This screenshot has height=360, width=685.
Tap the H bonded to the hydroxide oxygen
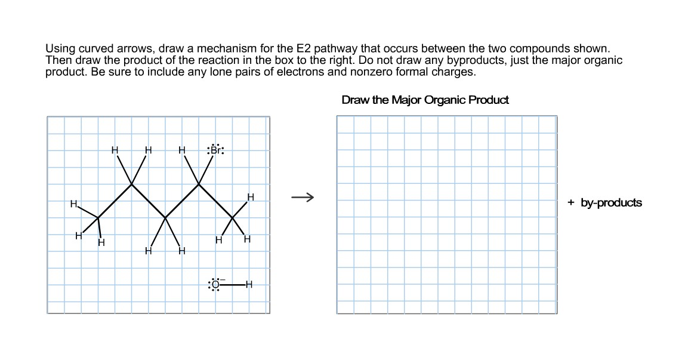click(249, 284)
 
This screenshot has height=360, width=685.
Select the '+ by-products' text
click(604, 202)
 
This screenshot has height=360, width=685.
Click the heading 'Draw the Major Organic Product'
click(425, 100)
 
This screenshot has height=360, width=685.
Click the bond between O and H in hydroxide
click(233, 285)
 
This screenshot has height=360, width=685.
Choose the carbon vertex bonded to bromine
click(198, 184)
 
